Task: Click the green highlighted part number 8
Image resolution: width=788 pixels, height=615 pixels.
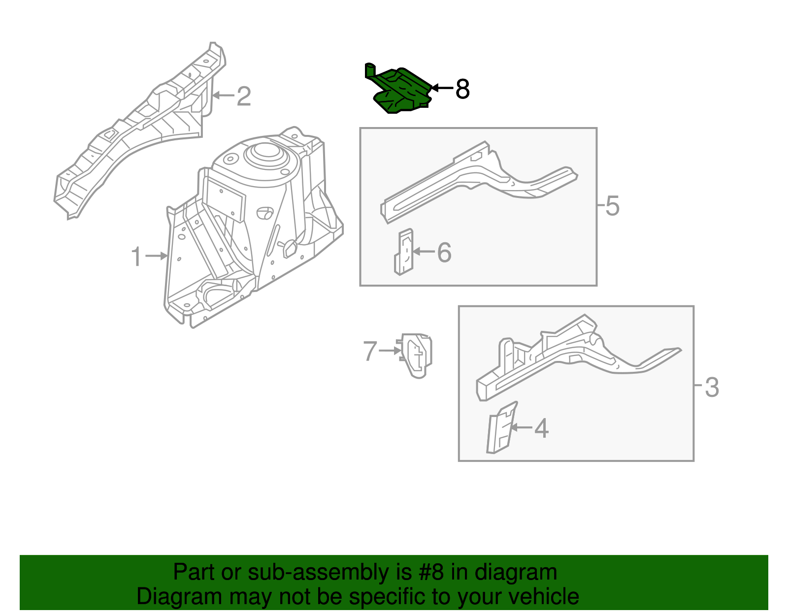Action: (x=400, y=91)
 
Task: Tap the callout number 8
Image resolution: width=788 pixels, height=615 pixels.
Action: (x=462, y=89)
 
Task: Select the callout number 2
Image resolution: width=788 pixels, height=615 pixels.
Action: (x=244, y=96)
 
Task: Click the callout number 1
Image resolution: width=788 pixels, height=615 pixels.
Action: (x=136, y=257)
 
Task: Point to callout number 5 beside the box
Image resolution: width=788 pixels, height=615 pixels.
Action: (x=612, y=205)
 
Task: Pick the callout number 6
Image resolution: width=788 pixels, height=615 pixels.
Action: (x=444, y=252)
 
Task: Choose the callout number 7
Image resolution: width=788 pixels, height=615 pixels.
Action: (x=370, y=351)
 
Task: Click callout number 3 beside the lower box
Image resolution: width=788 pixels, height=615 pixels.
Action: (x=712, y=387)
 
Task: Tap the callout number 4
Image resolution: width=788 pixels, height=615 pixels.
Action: (x=541, y=428)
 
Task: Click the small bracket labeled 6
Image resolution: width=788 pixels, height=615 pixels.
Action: (x=404, y=252)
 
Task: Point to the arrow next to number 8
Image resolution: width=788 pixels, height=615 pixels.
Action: (x=441, y=88)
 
